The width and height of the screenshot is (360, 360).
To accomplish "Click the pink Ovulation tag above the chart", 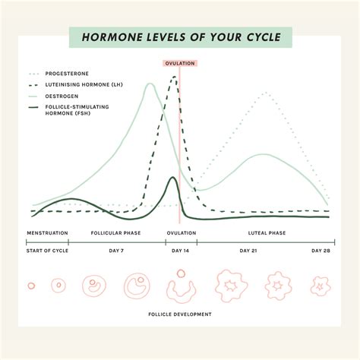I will [x=180, y=64].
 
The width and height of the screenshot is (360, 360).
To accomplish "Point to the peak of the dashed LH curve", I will [x=175, y=77].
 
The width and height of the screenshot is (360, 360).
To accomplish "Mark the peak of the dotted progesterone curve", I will [x=265, y=93].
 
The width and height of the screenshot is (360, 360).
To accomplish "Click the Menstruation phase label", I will [x=48, y=232].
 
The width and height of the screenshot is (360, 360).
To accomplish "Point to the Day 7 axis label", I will [x=116, y=251].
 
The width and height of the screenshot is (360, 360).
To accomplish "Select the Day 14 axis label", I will [x=180, y=251].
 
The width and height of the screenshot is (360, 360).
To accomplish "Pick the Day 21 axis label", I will [x=248, y=251].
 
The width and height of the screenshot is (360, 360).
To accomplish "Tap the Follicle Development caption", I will [x=180, y=314].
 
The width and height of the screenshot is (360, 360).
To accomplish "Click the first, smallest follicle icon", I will [x=31, y=286].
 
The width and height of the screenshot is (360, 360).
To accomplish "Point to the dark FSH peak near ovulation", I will [x=173, y=178].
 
